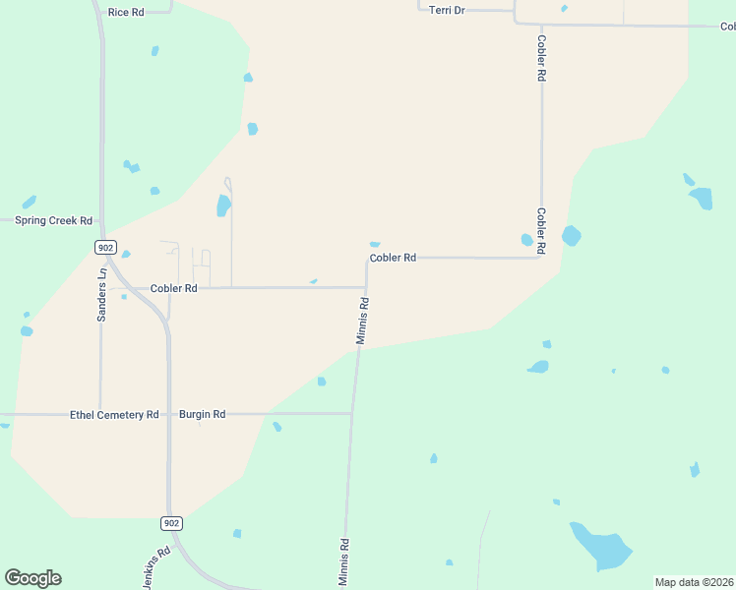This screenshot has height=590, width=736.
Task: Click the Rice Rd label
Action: click(126, 12)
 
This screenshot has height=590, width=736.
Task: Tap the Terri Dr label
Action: click(446, 9)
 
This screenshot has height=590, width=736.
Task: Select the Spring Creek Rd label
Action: click(53, 220)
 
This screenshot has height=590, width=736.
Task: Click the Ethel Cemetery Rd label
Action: click(114, 415)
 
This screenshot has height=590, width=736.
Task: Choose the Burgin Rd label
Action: click(202, 415)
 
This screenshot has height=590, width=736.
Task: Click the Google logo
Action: click(32, 578)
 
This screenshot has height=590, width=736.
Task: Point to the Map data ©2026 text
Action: click(695, 582)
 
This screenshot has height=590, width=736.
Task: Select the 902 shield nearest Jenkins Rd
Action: click(171, 523)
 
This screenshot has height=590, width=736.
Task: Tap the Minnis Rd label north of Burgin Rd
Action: click(363, 321)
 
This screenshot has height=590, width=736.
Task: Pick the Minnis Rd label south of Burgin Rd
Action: click(344, 562)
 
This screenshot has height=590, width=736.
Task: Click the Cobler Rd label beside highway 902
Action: click(173, 288)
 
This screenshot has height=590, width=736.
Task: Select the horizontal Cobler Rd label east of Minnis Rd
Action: click(393, 258)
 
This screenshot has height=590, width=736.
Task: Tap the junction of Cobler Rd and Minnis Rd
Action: click(366, 287)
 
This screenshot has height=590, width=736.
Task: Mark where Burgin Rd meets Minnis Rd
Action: click(352, 414)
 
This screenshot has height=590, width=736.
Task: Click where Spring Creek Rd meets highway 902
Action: click(101, 221)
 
